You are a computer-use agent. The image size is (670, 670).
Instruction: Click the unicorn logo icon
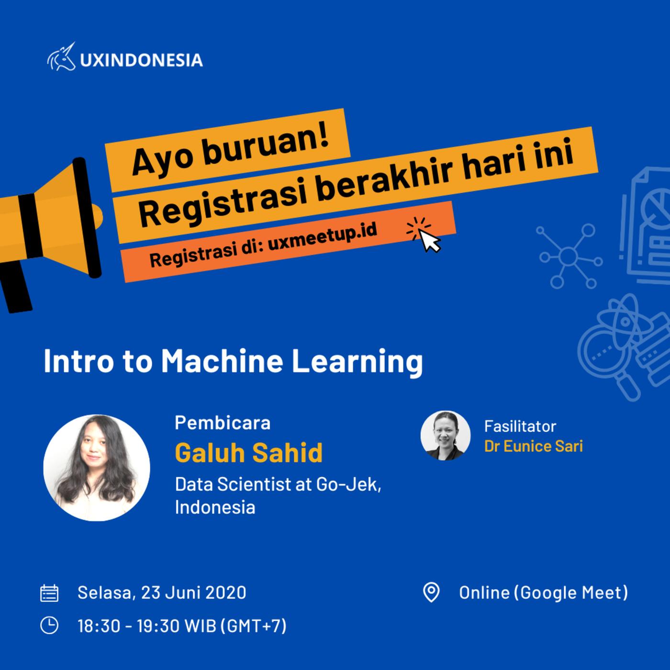(x=61, y=57)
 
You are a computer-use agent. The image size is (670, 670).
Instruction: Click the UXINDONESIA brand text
(x=141, y=60)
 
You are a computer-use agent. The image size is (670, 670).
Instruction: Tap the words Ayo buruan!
(x=231, y=152)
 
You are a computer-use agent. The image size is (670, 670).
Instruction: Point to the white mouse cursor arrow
(x=430, y=240)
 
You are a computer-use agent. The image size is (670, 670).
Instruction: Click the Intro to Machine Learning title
(x=233, y=362)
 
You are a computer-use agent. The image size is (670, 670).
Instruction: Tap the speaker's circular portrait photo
(x=97, y=468)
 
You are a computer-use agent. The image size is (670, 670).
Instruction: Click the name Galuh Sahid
(x=249, y=452)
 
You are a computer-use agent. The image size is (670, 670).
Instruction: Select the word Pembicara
(x=223, y=423)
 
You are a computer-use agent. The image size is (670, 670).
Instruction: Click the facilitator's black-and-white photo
(x=446, y=435)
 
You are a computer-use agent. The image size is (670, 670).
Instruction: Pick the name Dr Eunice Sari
(x=533, y=446)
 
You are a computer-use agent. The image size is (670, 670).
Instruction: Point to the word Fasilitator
(x=520, y=426)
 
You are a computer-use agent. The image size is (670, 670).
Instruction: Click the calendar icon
(x=49, y=592)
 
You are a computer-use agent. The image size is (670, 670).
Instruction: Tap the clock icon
(x=49, y=625)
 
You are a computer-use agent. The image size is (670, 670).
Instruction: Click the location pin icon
(x=431, y=592)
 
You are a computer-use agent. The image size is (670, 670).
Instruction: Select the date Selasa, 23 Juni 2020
(x=162, y=592)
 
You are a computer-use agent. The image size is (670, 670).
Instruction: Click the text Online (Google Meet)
(x=544, y=592)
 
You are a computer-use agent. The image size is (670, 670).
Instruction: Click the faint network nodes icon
(x=569, y=256)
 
